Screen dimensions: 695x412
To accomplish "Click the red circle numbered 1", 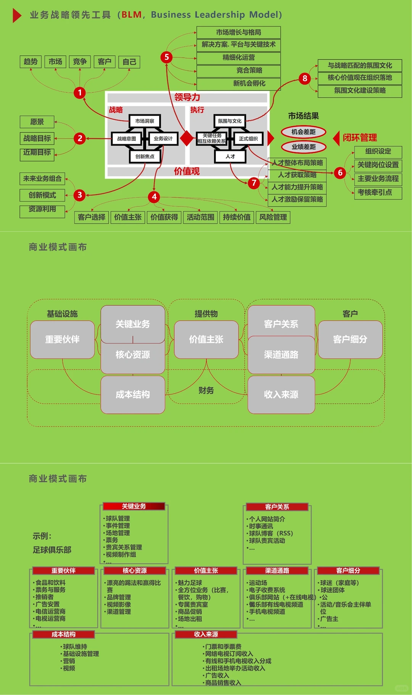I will [80, 93].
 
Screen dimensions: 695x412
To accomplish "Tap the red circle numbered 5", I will [166, 57].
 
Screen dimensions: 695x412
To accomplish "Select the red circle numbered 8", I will [304, 79].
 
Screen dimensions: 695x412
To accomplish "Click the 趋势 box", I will [31, 62].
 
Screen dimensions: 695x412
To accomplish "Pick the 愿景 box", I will [37, 122].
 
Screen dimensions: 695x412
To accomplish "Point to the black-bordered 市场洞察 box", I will [145, 121].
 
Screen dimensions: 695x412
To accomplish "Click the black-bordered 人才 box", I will [230, 156].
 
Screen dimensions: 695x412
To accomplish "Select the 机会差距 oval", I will [304, 132].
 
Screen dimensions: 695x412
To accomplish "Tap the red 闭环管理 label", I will [359, 138].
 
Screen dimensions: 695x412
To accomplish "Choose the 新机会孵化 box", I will [239, 83].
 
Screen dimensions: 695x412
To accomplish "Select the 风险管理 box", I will [273, 217].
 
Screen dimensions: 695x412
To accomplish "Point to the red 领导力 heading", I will [187, 97].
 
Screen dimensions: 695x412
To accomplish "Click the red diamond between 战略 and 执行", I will [187, 138].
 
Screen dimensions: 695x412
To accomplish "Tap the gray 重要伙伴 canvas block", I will [63, 339].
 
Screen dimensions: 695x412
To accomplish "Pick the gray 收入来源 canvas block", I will [281, 395].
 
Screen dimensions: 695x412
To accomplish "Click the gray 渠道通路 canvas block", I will [281, 355].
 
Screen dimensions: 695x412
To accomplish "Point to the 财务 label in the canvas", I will [206, 390].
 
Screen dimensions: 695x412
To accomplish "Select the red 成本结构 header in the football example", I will [63, 634].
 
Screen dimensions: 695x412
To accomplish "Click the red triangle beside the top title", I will [16, 15].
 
